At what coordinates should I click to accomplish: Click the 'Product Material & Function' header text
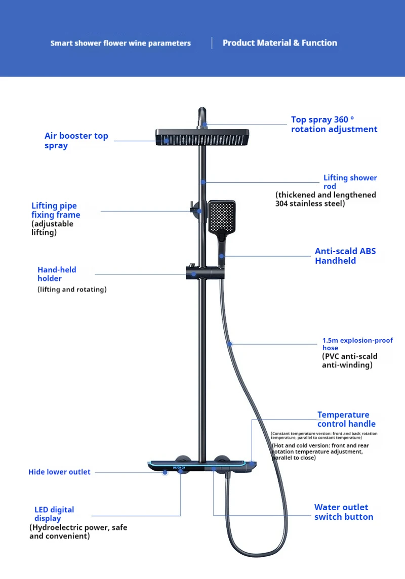(279, 43)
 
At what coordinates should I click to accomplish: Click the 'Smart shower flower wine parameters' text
(120, 44)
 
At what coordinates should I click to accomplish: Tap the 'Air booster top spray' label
(76, 141)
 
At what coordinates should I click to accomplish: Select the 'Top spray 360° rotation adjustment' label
(334, 125)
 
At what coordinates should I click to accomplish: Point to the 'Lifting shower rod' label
(350, 182)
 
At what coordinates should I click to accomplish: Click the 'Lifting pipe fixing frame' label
(56, 210)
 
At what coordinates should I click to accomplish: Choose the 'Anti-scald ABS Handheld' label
(345, 256)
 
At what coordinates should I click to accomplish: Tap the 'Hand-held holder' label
(57, 274)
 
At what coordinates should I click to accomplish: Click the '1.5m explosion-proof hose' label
(357, 344)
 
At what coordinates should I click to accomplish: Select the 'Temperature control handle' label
(346, 419)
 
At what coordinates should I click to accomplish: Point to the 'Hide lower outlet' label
(59, 472)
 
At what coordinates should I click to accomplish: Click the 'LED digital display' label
(54, 514)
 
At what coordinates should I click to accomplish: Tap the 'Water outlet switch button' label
(343, 512)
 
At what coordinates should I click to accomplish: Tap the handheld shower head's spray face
(222, 215)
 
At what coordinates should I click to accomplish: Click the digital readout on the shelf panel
(179, 467)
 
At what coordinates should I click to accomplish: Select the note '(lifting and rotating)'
(72, 289)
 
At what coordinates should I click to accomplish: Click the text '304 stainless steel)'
(310, 203)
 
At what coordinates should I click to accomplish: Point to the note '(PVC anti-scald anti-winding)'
(349, 360)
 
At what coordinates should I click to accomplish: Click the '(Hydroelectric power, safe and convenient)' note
(78, 531)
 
